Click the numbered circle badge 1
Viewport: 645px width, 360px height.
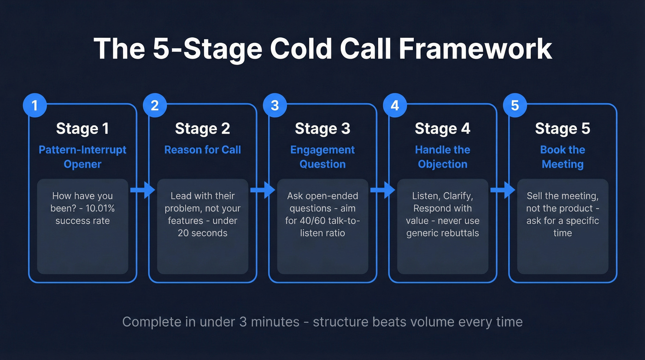35,106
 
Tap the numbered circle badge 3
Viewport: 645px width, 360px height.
275,106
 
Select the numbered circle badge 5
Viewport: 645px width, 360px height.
515,106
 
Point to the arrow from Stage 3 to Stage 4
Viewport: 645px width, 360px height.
382,190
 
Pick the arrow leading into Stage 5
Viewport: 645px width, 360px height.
502,190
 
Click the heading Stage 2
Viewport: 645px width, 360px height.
202,129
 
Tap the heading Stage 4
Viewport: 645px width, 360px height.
442,129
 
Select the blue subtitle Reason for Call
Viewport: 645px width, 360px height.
202,150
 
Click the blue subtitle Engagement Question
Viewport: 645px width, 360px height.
322,157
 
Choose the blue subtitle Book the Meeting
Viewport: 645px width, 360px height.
563,157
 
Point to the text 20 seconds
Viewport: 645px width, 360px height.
202,233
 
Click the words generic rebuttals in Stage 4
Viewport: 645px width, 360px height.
442,233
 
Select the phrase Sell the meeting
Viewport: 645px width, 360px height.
563,196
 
